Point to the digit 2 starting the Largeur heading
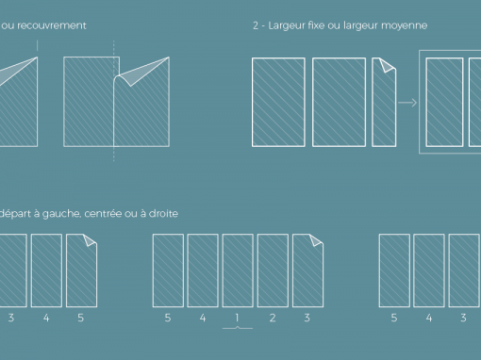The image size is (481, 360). tap(256, 25)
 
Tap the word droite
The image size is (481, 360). tap(163, 214)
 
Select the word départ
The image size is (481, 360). tap(15, 214)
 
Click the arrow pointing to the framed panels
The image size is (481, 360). tap(407, 103)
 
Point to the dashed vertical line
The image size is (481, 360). tap(114, 101)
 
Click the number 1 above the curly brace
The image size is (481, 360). tap(237, 318)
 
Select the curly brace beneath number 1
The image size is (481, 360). tap(238, 328)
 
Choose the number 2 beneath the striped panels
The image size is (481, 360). tap(273, 318)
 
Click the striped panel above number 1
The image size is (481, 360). tap(238, 270)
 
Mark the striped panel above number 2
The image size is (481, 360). tap(273, 270)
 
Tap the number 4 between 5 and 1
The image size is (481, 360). tap(203, 318)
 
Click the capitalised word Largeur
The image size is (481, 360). tap(285, 25)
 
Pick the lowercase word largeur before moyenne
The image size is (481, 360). tap(361, 25)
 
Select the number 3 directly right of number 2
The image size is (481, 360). tap(307, 318)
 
